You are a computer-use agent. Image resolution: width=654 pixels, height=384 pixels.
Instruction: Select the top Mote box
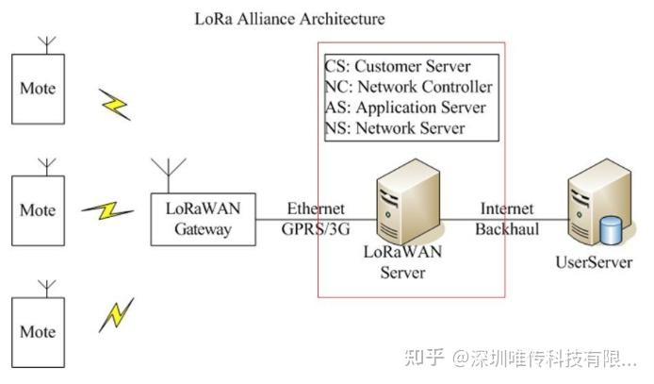pyautogui.click(x=38, y=89)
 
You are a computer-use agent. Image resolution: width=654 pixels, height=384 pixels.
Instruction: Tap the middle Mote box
pyautogui.click(x=38, y=209)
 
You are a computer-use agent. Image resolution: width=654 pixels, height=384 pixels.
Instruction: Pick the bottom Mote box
pyautogui.click(x=38, y=331)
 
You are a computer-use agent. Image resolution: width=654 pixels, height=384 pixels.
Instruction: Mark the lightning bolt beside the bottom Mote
pyautogui.click(x=115, y=315)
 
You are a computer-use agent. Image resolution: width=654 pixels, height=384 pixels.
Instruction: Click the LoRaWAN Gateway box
pyautogui.click(x=204, y=221)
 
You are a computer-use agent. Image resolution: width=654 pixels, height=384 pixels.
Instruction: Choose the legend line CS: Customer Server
pyautogui.click(x=397, y=66)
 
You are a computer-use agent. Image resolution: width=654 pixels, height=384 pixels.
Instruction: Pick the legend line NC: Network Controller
pyautogui.click(x=408, y=87)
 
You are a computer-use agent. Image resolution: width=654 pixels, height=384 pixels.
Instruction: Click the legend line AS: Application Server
pyautogui.click(x=405, y=108)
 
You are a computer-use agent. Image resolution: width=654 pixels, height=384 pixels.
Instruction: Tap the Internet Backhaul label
pyautogui.click(x=507, y=218)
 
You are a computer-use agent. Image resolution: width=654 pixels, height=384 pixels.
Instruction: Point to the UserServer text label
pyautogui.click(x=593, y=262)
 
